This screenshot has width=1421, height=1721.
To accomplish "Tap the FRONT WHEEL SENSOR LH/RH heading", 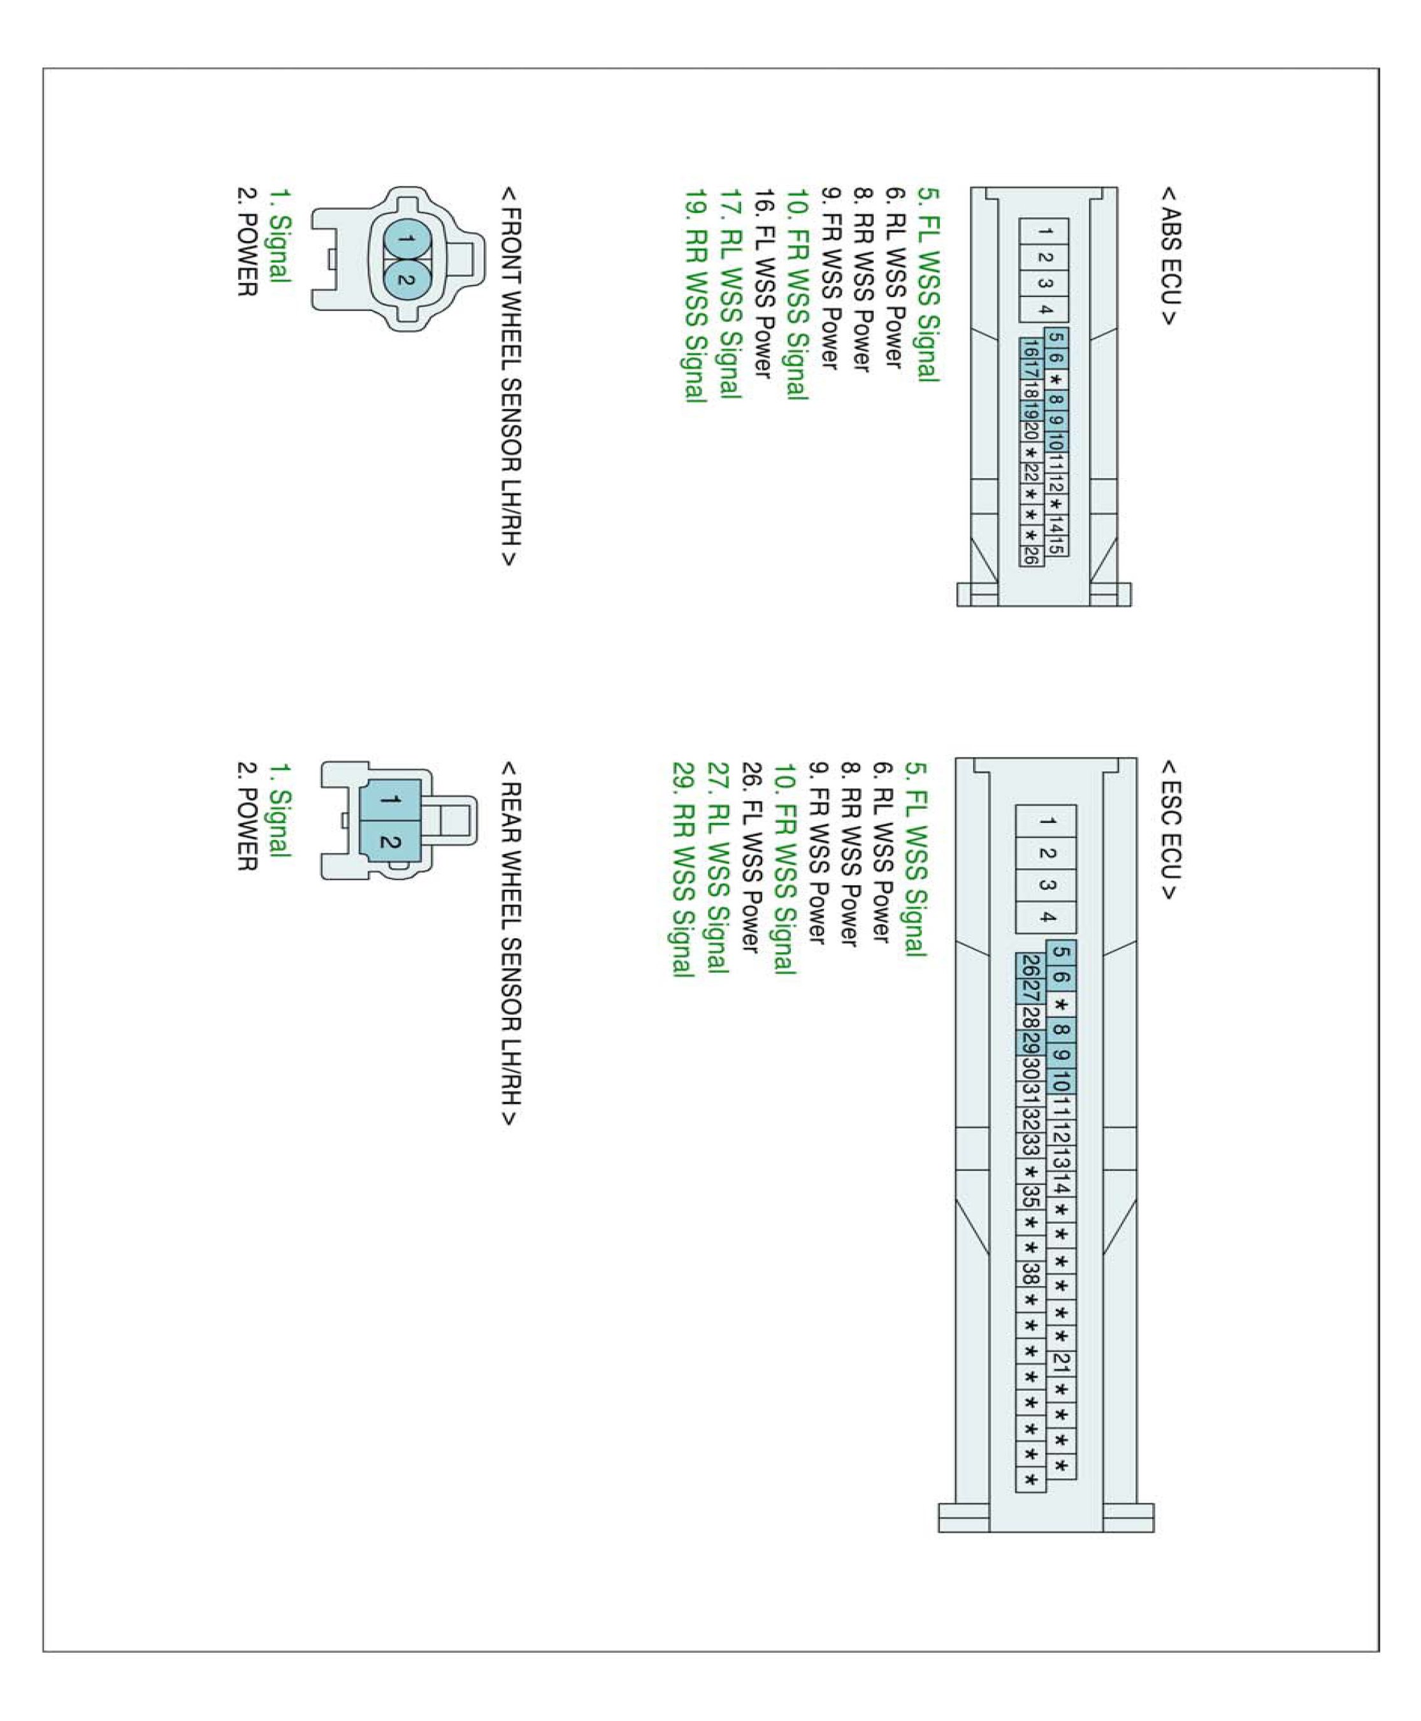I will [x=509, y=377].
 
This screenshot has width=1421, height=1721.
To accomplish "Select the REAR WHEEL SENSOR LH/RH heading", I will [x=509, y=943].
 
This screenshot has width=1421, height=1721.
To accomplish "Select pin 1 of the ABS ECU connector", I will [x=1044, y=232].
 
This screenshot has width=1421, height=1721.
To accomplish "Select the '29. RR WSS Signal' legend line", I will [x=682, y=869].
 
